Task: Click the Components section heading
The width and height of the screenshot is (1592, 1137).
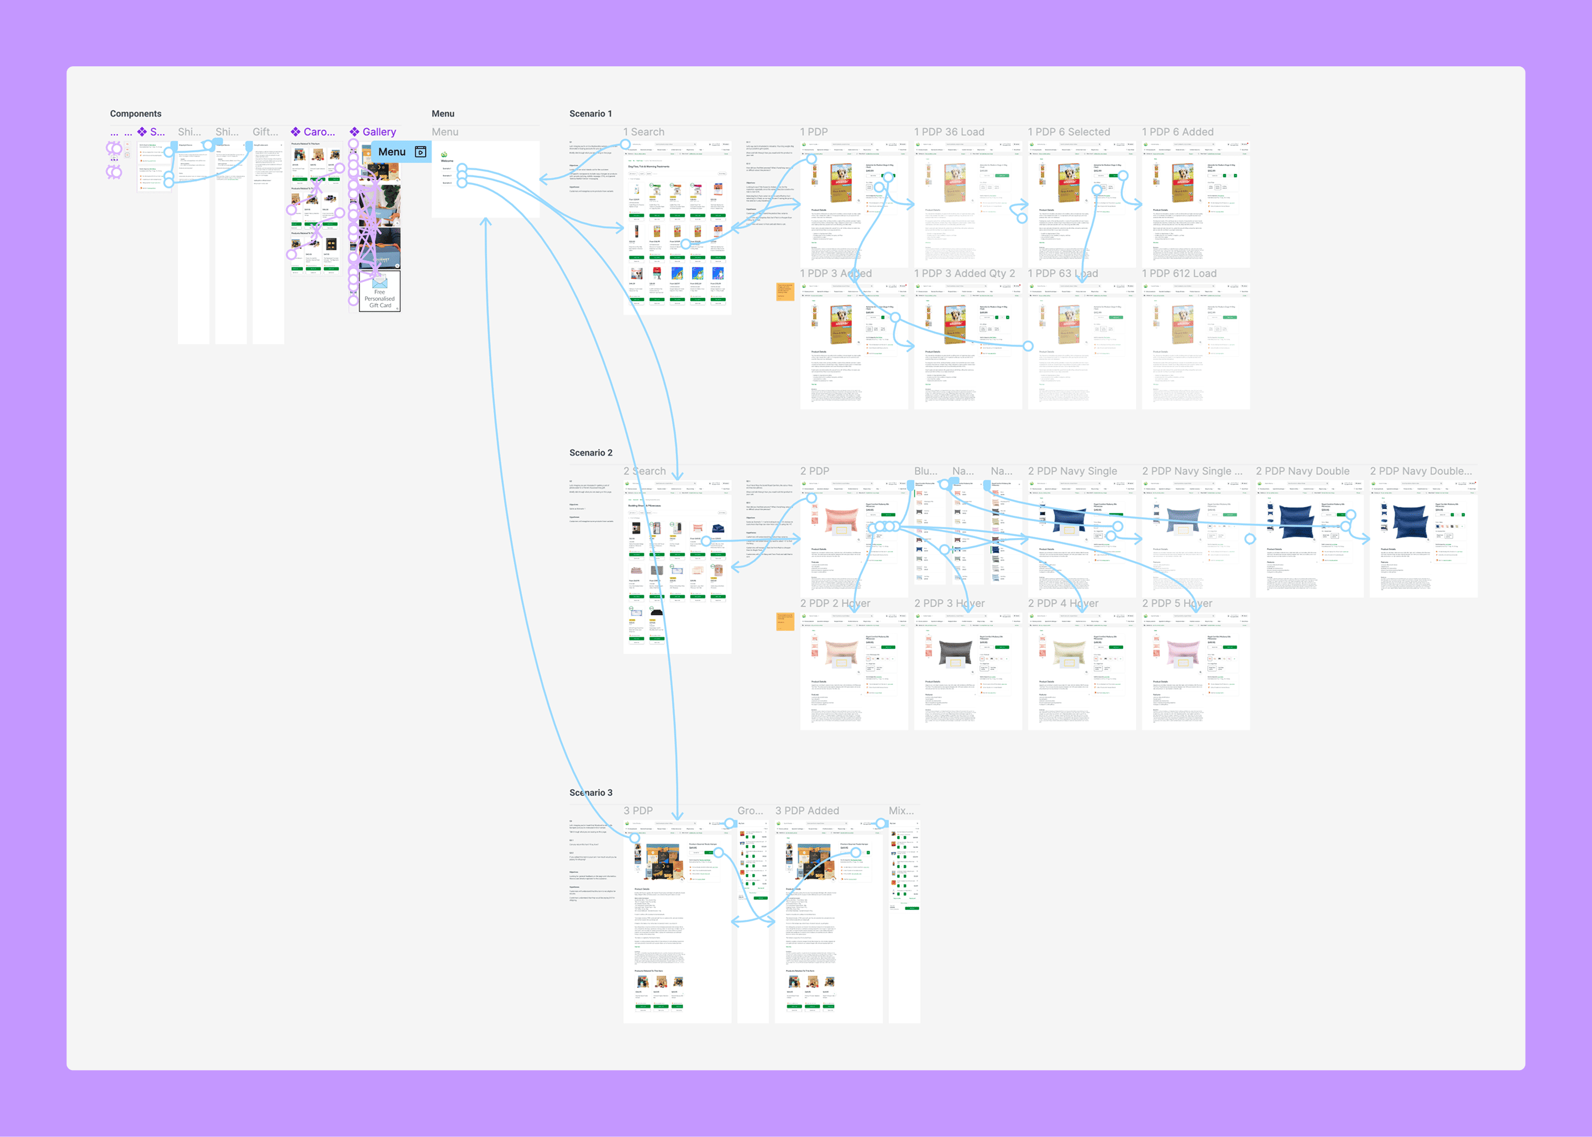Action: (x=135, y=113)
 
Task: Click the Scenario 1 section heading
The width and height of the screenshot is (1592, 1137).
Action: (x=590, y=113)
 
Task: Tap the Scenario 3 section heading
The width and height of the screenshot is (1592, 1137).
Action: (x=590, y=793)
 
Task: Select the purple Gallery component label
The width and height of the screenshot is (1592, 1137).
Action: (x=379, y=132)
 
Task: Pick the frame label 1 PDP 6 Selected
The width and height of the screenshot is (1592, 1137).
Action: (x=1069, y=132)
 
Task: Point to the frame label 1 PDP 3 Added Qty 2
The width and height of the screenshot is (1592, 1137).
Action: (x=964, y=274)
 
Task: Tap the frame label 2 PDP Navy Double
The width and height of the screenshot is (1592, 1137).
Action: (x=1302, y=471)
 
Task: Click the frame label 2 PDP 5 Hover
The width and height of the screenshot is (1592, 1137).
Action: (x=1177, y=604)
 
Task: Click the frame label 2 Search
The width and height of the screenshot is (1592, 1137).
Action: (x=644, y=471)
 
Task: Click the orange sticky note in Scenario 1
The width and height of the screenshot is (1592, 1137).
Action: (x=785, y=291)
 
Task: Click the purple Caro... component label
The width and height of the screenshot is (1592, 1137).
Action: (x=318, y=132)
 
